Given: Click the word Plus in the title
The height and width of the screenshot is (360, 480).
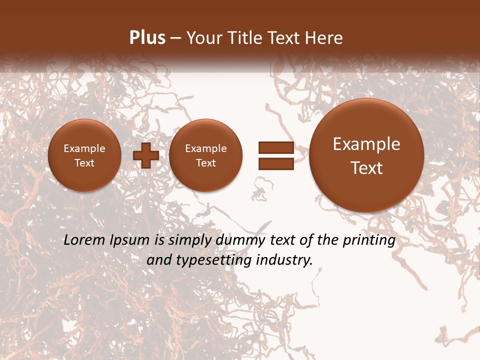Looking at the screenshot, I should (x=147, y=38).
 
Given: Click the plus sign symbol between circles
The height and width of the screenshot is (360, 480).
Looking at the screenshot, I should (x=145, y=155).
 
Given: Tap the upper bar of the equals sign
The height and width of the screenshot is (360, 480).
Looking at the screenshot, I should (x=275, y=147).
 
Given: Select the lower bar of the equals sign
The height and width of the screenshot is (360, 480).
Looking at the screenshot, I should (x=275, y=164).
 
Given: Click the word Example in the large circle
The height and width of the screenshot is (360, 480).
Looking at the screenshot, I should (x=366, y=144).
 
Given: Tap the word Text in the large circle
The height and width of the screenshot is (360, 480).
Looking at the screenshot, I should (x=366, y=168).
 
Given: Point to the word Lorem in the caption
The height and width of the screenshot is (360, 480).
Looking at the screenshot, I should (x=84, y=240).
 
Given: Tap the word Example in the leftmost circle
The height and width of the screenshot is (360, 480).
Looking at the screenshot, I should (x=84, y=148).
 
